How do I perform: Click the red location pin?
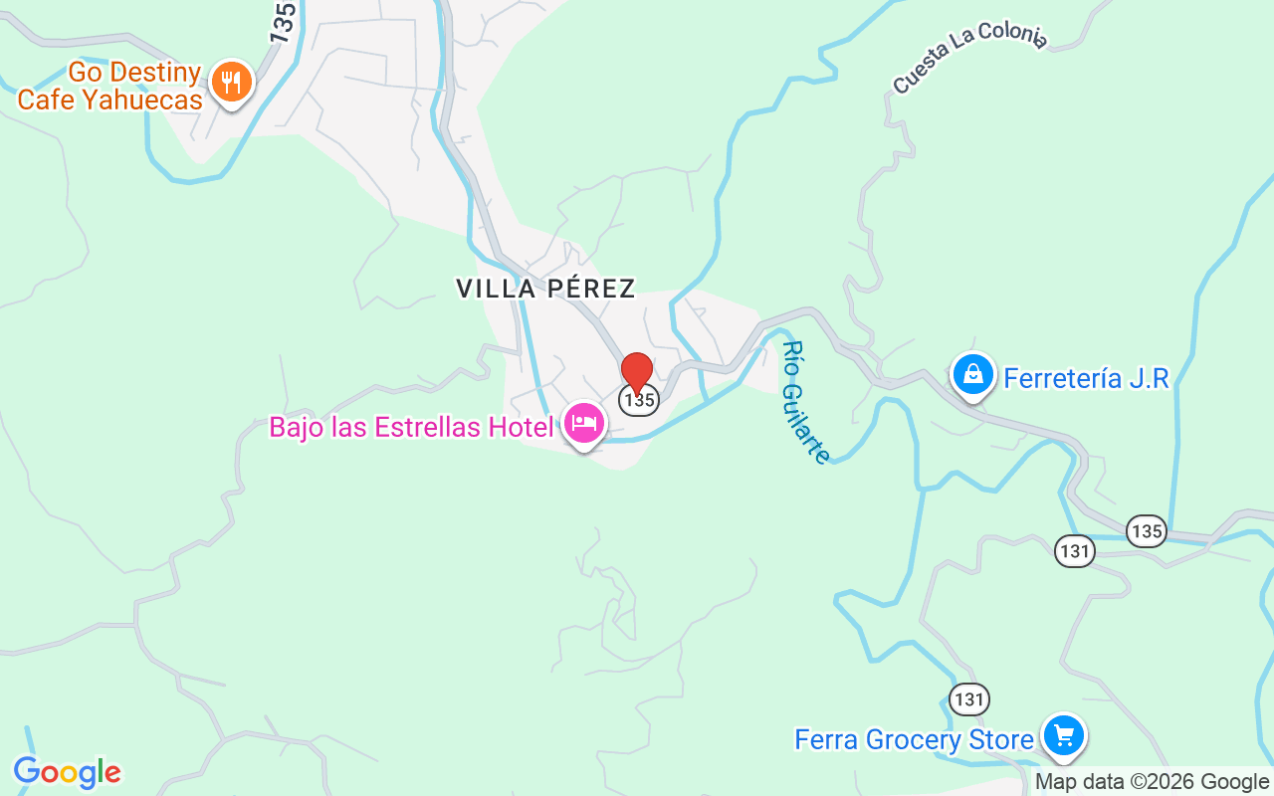coord(637,372)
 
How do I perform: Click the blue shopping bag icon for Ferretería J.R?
coord(973,374)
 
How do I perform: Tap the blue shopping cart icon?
coord(1063,736)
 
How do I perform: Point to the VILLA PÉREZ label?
coord(545,289)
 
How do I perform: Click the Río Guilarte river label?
coord(805,402)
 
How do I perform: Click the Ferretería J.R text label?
coord(1086,378)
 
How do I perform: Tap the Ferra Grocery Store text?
coord(914,740)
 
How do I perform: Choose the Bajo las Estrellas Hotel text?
coord(411,428)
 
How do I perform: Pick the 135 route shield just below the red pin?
coord(638,400)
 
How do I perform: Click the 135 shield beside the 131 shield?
coord(1147,531)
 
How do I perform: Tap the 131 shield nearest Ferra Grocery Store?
coord(968,699)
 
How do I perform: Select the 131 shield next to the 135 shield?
coord(1075,550)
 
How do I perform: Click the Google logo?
coord(67,772)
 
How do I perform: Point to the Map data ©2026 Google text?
coord(1152,782)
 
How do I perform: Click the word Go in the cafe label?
coord(84,73)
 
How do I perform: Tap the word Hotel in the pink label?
coord(522,428)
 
